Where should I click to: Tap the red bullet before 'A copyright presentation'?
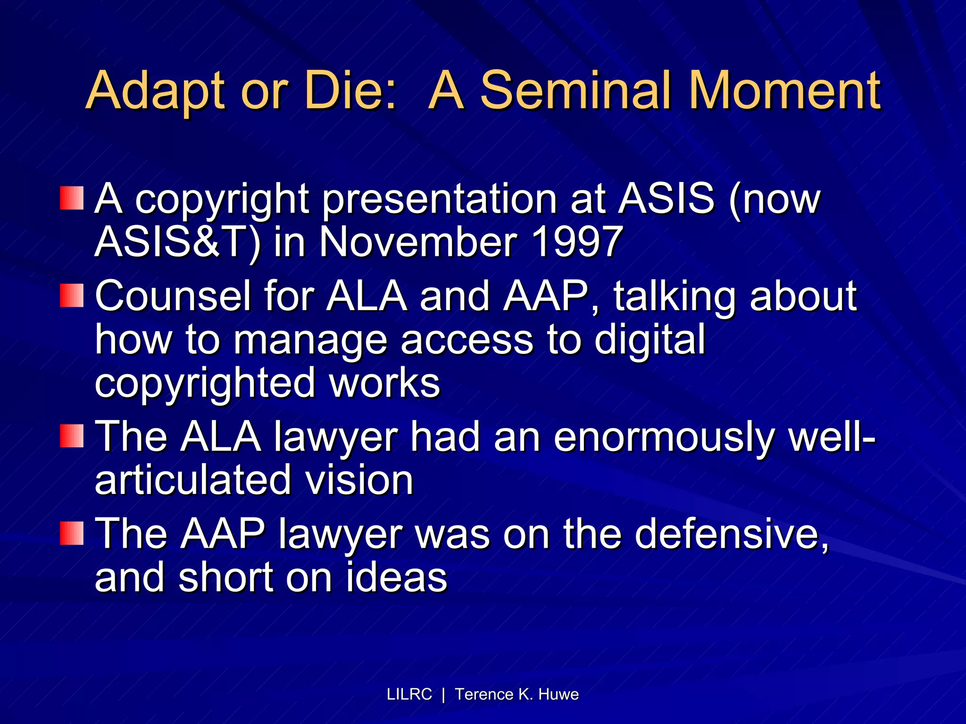pyautogui.click(x=72, y=198)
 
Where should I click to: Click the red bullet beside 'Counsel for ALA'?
pyautogui.click(x=72, y=296)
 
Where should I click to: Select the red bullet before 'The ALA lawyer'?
pyautogui.click(x=72, y=436)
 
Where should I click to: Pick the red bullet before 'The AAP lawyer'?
pyautogui.click(x=72, y=533)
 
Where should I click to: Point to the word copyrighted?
pyautogui.click(x=205, y=383)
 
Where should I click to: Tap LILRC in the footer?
pyautogui.click(x=409, y=694)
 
